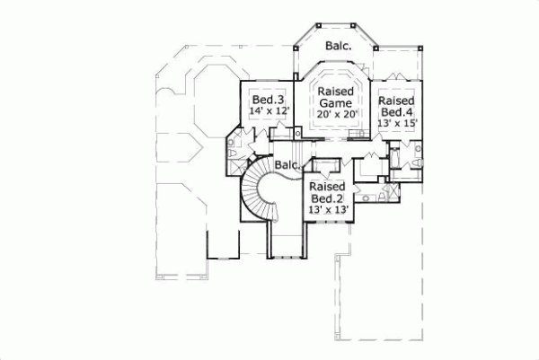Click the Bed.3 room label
click(268, 99)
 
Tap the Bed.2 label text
click(328, 198)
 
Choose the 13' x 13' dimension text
click(329, 210)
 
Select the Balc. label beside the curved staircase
click(287, 166)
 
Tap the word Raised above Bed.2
click(328, 185)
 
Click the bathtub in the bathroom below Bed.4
click(402, 161)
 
